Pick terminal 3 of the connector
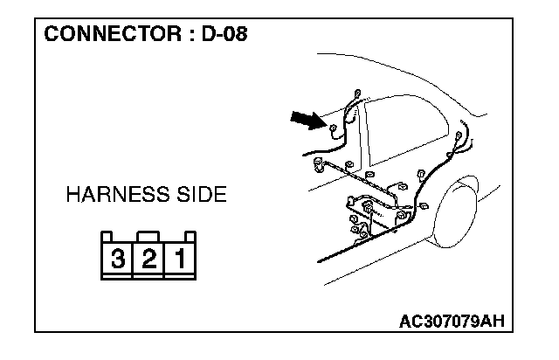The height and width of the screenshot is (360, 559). click(x=117, y=259)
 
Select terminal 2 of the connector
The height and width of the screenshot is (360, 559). click(x=148, y=259)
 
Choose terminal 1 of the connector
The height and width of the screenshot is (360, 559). click(x=180, y=259)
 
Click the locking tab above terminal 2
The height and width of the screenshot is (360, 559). click(x=148, y=234)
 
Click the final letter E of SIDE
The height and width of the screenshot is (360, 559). click(x=220, y=195)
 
